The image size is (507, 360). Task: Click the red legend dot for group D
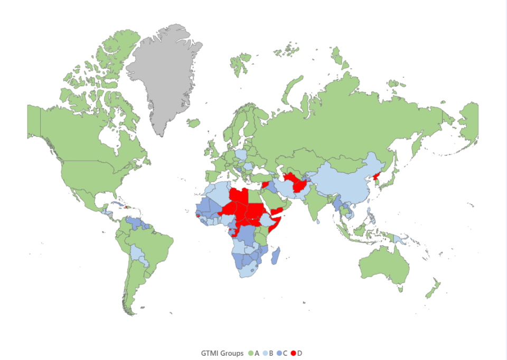click(x=293, y=353)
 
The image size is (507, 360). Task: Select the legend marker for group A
click(x=250, y=353)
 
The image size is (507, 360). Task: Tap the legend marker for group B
click(x=265, y=353)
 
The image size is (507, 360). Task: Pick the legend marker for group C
click(x=279, y=353)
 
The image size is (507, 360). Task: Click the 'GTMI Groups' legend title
click(x=222, y=353)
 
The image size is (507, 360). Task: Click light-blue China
click(x=343, y=180)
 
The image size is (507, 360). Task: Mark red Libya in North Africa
click(x=239, y=198)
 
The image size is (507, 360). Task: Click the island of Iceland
click(x=194, y=123)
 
